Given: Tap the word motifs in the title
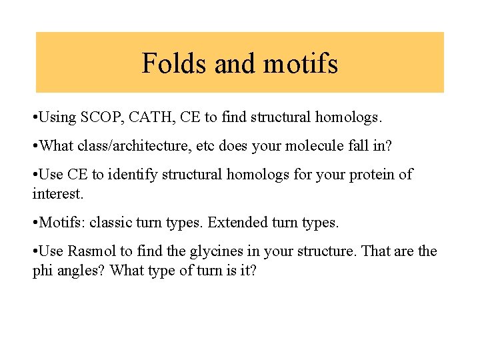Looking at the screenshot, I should (301, 64).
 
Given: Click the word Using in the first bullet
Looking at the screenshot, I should (58, 118).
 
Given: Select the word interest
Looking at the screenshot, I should (59, 193).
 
